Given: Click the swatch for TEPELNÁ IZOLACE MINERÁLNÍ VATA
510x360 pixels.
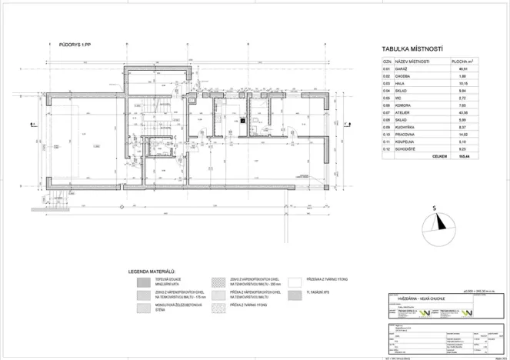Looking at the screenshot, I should click(144, 282).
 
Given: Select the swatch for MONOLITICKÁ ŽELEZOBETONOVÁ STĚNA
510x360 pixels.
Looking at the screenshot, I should click(144, 309).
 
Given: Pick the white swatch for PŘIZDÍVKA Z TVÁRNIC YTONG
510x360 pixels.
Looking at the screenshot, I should click(295, 282).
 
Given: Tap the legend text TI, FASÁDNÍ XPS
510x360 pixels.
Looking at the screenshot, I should click(322, 293).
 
